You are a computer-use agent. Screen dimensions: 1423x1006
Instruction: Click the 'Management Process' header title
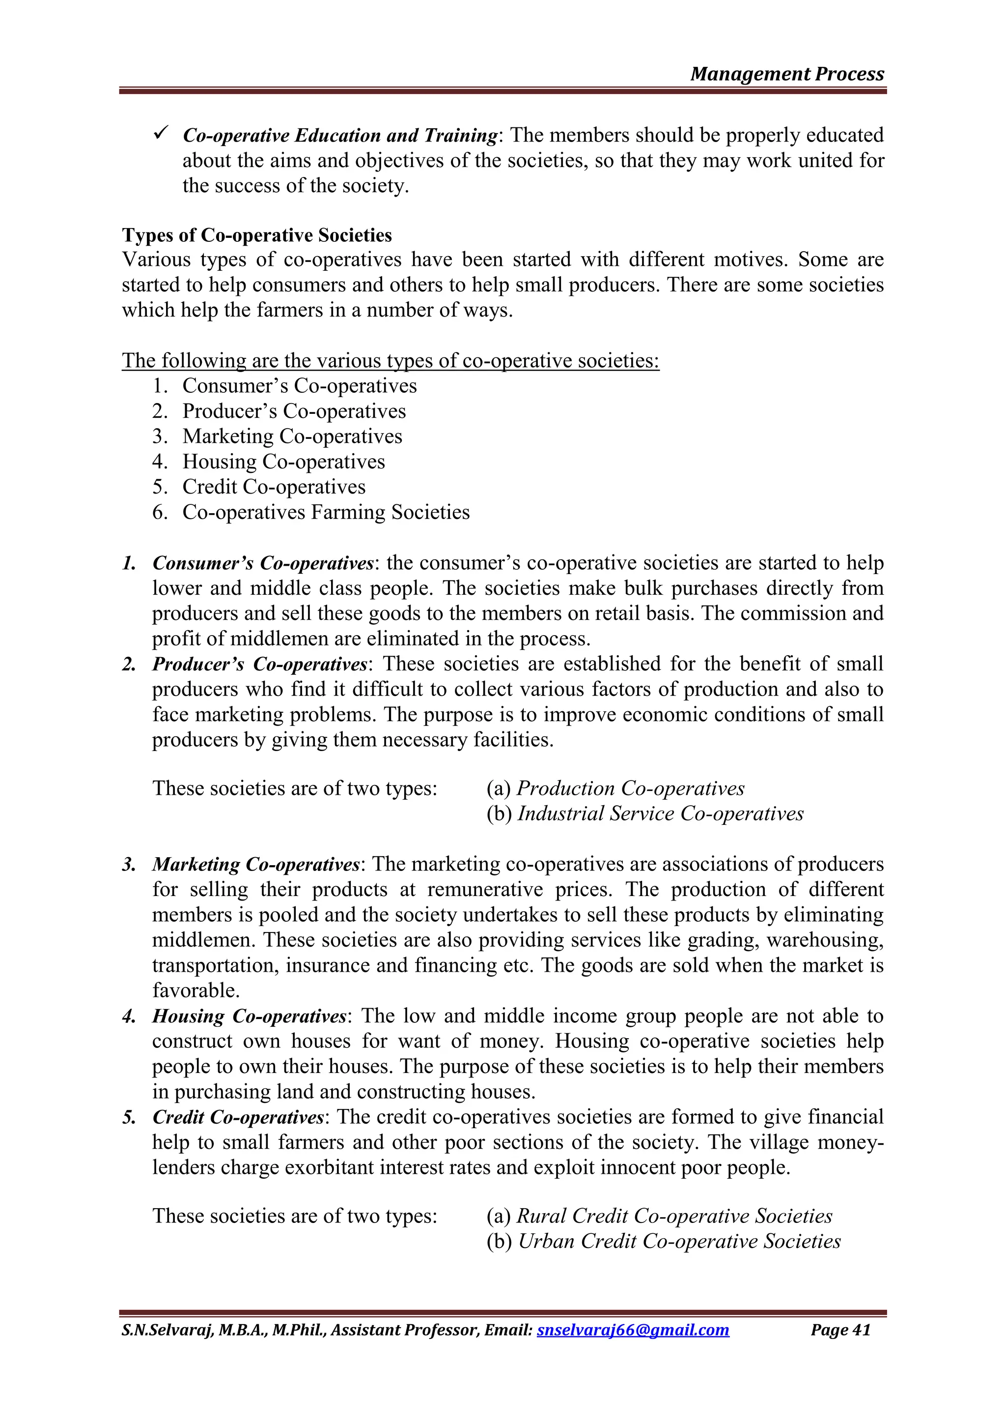coord(787,74)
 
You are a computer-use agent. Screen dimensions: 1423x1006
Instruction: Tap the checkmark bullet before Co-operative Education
coord(162,133)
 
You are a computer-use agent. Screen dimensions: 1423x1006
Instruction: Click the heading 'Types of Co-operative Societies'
coord(256,235)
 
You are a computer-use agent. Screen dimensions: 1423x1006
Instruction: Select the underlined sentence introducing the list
coord(390,360)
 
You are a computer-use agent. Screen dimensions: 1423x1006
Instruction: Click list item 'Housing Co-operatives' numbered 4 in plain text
coord(283,462)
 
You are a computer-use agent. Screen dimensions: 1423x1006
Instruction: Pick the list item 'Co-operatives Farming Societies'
coord(326,513)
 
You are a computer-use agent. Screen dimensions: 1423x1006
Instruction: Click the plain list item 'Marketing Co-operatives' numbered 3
coord(292,436)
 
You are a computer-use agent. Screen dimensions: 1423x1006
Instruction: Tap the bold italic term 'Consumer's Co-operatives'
coord(263,563)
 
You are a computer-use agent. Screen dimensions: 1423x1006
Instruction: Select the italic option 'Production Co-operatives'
coord(630,788)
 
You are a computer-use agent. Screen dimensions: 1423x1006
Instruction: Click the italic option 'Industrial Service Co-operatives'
coord(660,814)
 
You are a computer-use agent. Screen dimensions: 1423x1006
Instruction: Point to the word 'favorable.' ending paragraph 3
coord(196,990)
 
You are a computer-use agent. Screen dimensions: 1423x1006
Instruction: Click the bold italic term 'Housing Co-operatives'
coord(249,1016)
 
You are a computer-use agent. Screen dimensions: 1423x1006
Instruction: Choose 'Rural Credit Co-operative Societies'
coord(674,1216)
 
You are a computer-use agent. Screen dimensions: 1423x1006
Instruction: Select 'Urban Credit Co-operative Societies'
coord(679,1242)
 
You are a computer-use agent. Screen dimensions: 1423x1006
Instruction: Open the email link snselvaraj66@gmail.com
coord(633,1330)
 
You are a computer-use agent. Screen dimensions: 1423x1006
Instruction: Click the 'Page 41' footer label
coord(840,1330)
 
